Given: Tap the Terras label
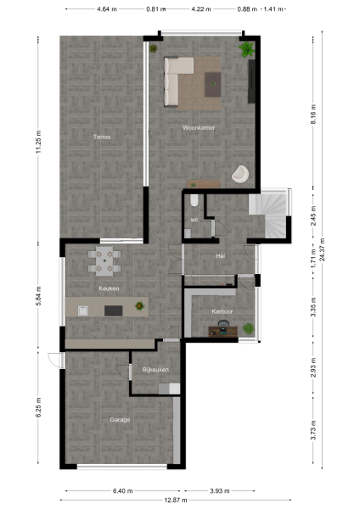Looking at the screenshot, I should (x=102, y=137).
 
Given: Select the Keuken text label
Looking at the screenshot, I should (x=109, y=288).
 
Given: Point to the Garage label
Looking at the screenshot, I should (x=120, y=419).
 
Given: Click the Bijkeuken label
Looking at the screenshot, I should (x=155, y=370).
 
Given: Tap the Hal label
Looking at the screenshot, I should (x=220, y=255).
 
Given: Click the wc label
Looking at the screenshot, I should (x=194, y=220).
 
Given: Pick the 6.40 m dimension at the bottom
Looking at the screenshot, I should (x=121, y=490).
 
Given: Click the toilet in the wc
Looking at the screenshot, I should (x=194, y=200).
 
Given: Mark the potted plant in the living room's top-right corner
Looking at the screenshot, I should (x=246, y=51).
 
